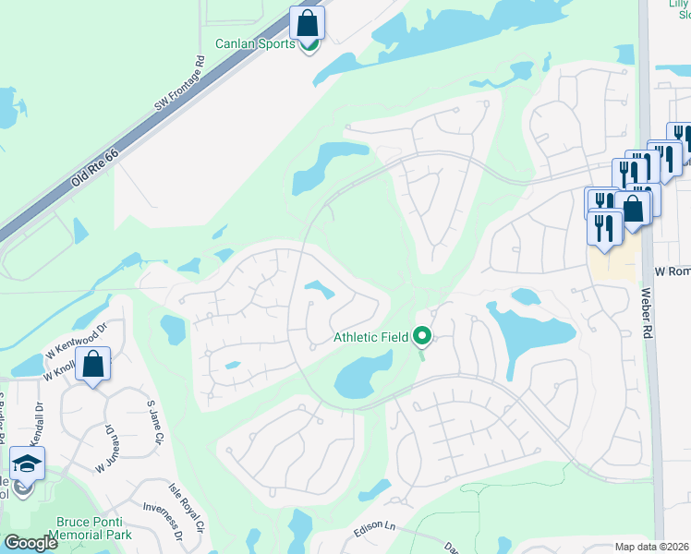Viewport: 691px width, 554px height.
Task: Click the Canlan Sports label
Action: click(x=255, y=43)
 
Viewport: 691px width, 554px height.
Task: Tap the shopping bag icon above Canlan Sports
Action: click(x=308, y=23)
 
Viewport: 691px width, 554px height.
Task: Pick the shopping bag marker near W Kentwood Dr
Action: click(x=93, y=365)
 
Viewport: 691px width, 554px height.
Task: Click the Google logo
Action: click(x=31, y=543)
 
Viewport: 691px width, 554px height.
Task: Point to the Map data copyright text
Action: click(x=651, y=547)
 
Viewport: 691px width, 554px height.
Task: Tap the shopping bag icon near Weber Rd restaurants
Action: click(x=633, y=209)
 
